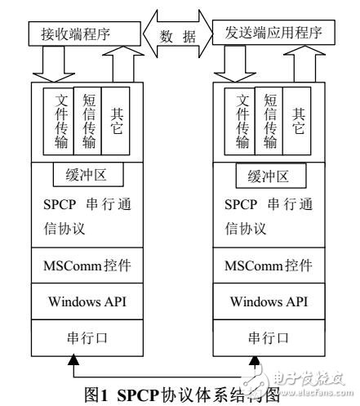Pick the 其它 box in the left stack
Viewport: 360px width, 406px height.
[x=116, y=121]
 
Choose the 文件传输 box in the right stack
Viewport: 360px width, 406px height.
[x=243, y=122]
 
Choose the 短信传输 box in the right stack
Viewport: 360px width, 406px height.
[x=273, y=120]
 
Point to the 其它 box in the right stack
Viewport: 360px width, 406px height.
[x=300, y=121]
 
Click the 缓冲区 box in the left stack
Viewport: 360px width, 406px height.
[x=86, y=176]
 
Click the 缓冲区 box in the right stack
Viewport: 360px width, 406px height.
[x=272, y=176]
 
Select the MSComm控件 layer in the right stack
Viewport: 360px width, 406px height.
[x=272, y=265]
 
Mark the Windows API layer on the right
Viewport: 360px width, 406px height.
[x=272, y=302]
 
